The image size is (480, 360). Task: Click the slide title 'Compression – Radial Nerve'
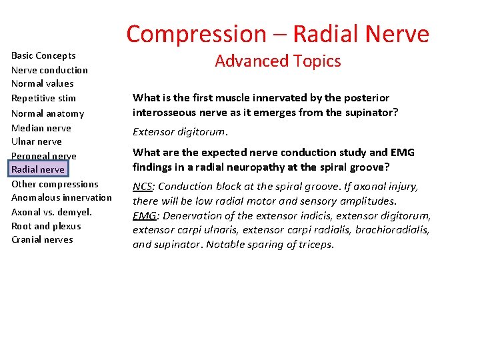pos(277,33)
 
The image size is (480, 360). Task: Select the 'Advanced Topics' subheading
pos(277,61)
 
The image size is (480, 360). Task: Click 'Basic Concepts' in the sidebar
pos(43,55)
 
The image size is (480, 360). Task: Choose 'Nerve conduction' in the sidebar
pos(49,70)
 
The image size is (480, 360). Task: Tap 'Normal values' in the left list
pos(42,83)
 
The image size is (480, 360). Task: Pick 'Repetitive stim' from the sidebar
pos(43,98)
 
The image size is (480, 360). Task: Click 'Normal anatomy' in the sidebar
pos(47,113)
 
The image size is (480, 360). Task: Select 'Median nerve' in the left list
pos(41,128)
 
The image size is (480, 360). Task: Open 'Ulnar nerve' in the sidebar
pos(36,141)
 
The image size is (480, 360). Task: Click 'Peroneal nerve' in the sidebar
pos(43,156)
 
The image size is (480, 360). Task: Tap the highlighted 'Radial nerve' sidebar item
pos(38,169)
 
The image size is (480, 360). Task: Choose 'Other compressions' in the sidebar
pos(55,184)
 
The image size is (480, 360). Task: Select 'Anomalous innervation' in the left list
pos(61,197)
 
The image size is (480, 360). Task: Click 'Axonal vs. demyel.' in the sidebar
pos(51,212)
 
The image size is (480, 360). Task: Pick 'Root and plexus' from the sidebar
pos(46,226)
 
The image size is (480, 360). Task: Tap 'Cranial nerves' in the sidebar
pos(42,239)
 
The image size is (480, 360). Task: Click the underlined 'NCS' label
pos(142,187)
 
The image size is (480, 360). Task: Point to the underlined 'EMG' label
pos(144,215)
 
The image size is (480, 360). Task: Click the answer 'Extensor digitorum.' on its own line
pos(180,132)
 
